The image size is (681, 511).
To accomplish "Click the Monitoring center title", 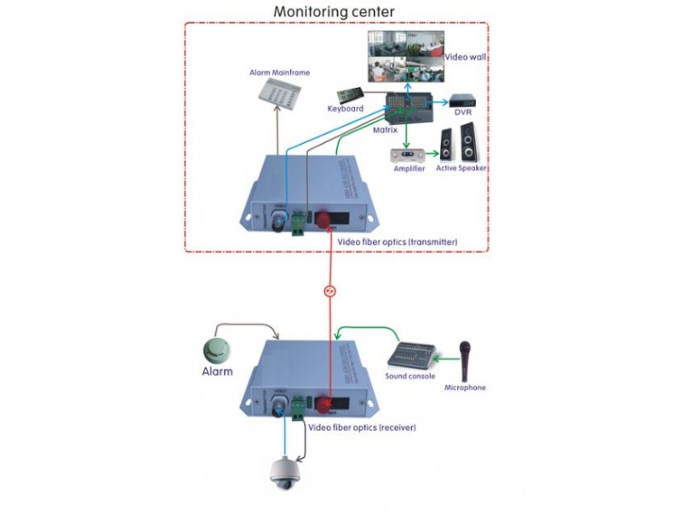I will pyautogui.click(x=334, y=12).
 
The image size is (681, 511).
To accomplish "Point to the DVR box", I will pyautogui.click(x=463, y=100).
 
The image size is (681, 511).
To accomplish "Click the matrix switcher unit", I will pyautogui.click(x=408, y=107).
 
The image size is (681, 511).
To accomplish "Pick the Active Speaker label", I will pyautogui.click(x=462, y=169).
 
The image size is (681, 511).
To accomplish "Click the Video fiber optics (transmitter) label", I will pyautogui.click(x=398, y=243).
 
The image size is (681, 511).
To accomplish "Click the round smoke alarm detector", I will pyautogui.click(x=217, y=348).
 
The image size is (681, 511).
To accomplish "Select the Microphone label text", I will pyautogui.click(x=466, y=388).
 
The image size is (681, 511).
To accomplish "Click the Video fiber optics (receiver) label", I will pyautogui.click(x=362, y=427).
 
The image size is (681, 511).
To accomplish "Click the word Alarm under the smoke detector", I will pyautogui.click(x=217, y=371).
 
